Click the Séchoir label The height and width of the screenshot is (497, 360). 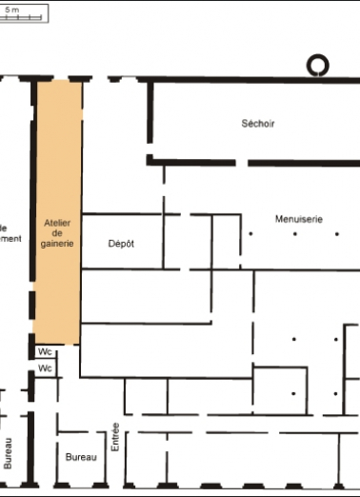[x=258, y=123]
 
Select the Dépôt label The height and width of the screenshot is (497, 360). [x=121, y=244]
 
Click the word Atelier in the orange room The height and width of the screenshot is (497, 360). [x=58, y=221]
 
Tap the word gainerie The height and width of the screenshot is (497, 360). [x=58, y=244]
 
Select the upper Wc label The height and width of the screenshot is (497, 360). [x=45, y=351]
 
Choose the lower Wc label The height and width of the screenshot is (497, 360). [x=45, y=368]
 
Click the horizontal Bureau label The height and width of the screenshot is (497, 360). [x=81, y=458]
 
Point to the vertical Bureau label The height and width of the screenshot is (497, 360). [x=9, y=452]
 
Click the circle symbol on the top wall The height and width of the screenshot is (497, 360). [x=315, y=65]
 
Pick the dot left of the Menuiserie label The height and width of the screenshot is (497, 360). [x=250, y=232]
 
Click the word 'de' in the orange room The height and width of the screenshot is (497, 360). [x=58, y=232]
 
